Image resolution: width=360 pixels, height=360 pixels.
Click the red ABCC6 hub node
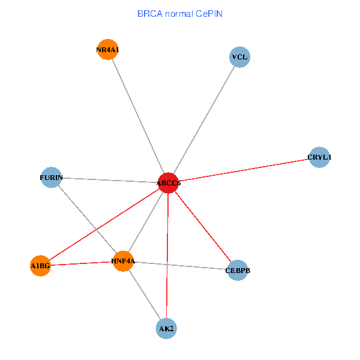pyautogui.click(x=169, y=183)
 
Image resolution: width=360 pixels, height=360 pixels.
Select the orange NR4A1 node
pyautogui.click(x=107, y=50)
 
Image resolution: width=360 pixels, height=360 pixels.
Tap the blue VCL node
pyautogui.click(x=239, y=58)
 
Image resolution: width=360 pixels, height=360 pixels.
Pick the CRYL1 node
pyautogui.click(x=319, y=157)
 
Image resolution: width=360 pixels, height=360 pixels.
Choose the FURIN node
pyautogui.click(x=51, y=178)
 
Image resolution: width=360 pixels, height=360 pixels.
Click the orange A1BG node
pyautogui.click(x=40, y=265)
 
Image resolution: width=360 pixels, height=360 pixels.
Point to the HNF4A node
pyautogui.click(x=123, y=261)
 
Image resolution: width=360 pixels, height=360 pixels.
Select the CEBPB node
pyautogui.click(x=238, y=271)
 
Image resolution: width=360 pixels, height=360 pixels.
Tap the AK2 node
pyautogui.click(x=166, y=329)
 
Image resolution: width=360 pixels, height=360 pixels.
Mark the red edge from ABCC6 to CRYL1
pyautogui.click(x=244, y=170)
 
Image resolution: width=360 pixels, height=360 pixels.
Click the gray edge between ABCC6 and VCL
pyautogui.click(x=204, y=120)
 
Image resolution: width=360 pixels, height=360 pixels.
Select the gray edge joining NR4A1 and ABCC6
pyautogui.click(x=137, y=116)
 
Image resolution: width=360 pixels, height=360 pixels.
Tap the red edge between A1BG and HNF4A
pyautogui.click(x=82, y=263)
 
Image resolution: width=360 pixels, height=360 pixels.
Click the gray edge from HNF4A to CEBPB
pyautogui.click(x=180, y=266)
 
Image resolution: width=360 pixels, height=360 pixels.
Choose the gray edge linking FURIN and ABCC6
pyautogui.click(x=110, y=180)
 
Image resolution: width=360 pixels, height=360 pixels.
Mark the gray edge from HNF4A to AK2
pyautogui.click(x=145, y=295)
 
